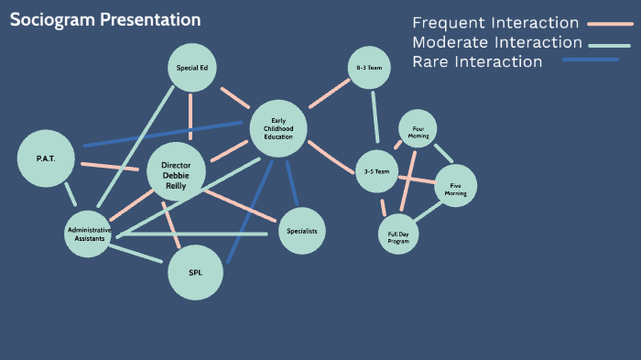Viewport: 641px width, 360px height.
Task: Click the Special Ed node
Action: click(x=191, y=66)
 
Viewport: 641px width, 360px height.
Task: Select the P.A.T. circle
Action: click(x=46, y=158)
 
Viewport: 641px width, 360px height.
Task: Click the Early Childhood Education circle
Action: click(x=277, y=129)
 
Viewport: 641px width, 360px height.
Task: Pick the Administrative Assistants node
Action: click(x=90, y=234)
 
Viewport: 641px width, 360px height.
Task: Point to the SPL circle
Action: click(x=195, y=272)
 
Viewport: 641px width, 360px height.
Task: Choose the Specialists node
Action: click(x=301, y=231)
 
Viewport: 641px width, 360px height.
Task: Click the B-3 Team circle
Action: click(x=369, y=67)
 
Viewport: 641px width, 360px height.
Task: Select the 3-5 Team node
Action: click(x=376, y=171)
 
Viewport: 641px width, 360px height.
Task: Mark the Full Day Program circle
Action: click(x=398, y=235)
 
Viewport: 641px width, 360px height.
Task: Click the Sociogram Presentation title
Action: click(x=105, y=19)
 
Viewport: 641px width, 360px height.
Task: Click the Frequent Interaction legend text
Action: click(x=495, y=23)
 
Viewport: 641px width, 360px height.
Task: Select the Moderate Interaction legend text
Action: click(x=497, y=42)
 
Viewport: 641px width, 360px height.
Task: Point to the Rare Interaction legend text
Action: click(x=477, y=61)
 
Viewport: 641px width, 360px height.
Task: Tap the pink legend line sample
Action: click(x=610, y=24)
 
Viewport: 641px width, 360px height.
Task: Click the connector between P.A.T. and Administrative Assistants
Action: click(x=70, y=194)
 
